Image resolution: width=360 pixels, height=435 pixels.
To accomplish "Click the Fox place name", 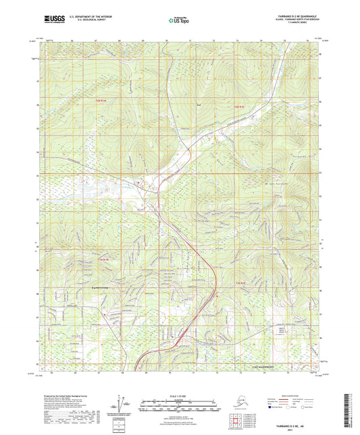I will click(x=199, y=105).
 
